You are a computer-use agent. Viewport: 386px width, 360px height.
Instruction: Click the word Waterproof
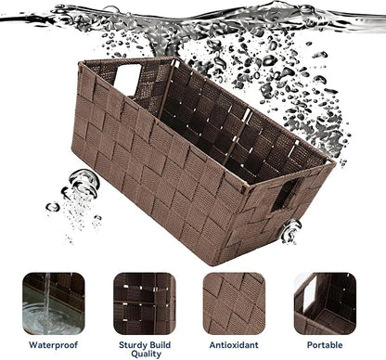[53, 345]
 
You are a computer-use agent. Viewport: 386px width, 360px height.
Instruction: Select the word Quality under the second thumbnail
[146, 354]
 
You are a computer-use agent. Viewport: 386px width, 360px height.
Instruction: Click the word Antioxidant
[234, 345]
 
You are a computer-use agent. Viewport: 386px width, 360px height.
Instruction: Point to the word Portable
[325, 345]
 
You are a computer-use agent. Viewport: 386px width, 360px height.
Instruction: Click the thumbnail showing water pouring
[54, 303]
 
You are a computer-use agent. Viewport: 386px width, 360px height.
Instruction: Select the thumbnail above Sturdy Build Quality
[145, 303]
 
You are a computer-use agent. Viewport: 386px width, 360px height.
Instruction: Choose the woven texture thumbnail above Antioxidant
[234, 303]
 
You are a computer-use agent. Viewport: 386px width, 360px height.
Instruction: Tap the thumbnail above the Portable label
[325, 303]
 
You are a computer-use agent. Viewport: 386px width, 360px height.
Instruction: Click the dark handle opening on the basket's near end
[286, 195]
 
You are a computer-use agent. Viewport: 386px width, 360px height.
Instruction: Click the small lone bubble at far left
[53, 207]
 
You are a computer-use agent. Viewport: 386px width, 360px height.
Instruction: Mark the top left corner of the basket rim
[80, 64]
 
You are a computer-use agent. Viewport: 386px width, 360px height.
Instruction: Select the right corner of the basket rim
[334, 162]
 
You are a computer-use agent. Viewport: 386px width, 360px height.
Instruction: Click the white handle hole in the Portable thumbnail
[310, 293]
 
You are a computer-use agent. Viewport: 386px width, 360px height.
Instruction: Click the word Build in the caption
[160, 345]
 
